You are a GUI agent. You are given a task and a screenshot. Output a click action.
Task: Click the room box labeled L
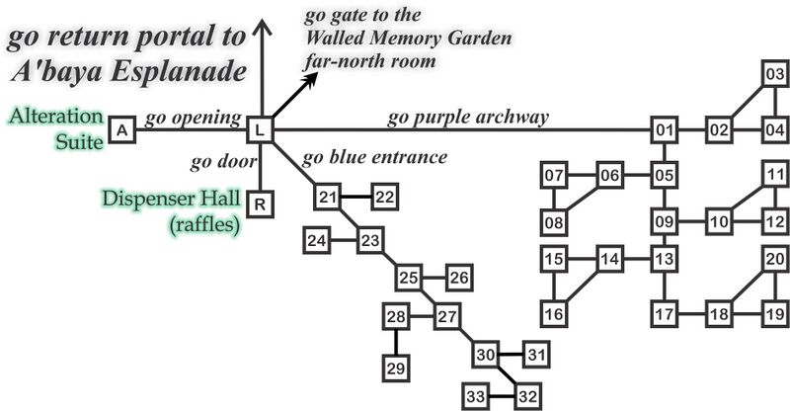pos(260,130)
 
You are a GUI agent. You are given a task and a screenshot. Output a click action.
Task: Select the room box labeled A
pos(121,130)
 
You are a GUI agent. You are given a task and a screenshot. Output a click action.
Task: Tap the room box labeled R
pos(260,205)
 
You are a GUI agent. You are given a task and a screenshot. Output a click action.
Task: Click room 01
pos(664,130)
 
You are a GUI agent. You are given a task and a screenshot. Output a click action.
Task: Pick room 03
pos(774,74)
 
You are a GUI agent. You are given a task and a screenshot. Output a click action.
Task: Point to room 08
pos(554,222)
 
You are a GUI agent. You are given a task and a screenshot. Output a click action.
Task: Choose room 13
pos(664,259)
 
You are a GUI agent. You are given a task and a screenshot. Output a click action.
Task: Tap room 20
pos(774,259)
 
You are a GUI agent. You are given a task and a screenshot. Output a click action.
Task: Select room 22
pos(385,197)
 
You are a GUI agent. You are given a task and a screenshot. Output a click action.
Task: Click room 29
pos(396,369)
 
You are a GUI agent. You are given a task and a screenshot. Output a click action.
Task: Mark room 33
pos(476,396)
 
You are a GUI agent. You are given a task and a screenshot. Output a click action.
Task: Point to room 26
pos(459,278)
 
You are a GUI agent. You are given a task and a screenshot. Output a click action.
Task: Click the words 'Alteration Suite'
pos(56,128)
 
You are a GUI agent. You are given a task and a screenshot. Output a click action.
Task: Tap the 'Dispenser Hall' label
pos(171,199)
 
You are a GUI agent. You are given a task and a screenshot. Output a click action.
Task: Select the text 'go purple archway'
pos(467,118)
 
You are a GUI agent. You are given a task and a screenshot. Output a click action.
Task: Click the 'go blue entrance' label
pos(374,157)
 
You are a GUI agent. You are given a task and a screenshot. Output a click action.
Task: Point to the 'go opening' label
pos(193,119)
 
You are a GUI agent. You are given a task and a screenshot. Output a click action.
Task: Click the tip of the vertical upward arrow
pos(262,19)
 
